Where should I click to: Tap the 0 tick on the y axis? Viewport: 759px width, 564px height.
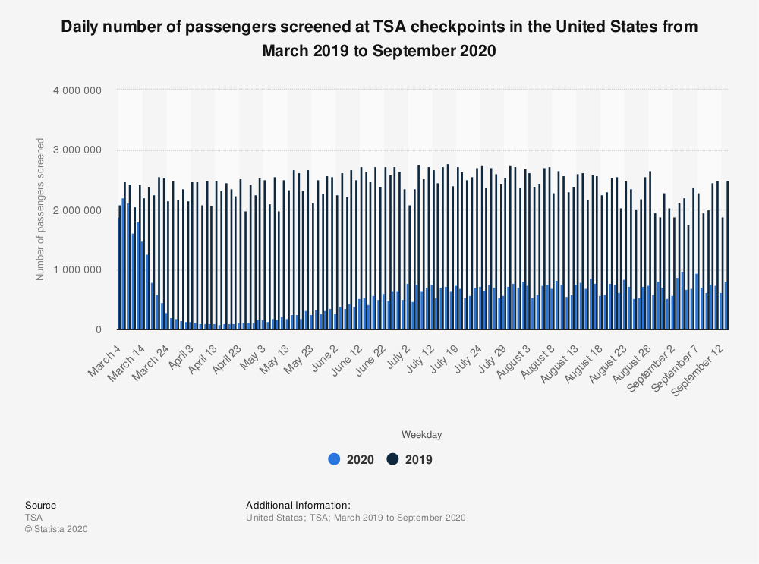coord(99,330)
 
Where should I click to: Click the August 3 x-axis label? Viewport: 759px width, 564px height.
coord(515,355)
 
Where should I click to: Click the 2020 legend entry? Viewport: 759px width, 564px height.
coord(351,459)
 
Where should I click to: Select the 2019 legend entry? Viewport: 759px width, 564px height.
coord(410,459)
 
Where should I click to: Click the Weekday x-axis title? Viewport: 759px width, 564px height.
coord(422,435)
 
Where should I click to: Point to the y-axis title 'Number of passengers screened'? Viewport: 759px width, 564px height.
coord(39,210)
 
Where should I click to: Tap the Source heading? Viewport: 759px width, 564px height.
coord(40,506)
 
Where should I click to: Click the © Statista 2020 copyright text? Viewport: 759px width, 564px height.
coord(56,529)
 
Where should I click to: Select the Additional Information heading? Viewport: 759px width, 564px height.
coord(298,506)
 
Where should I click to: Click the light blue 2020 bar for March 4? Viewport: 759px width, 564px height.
coord(118,274)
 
